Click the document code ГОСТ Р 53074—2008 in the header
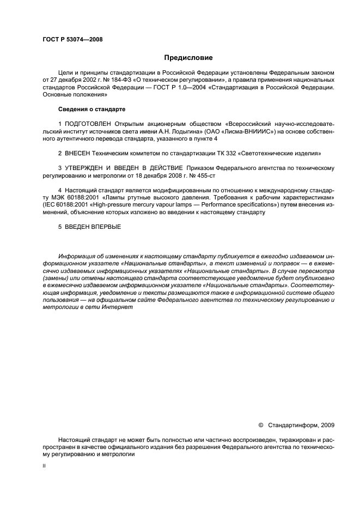click(72, 39)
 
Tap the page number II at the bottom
click(44, 466)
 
